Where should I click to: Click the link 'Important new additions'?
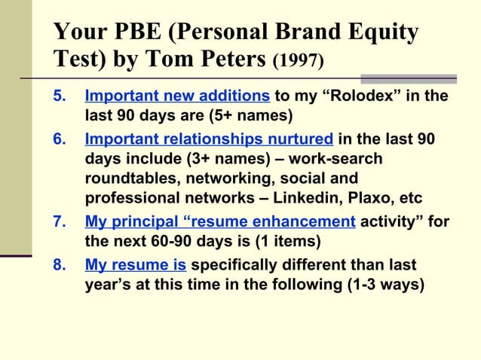tap(177, 97)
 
